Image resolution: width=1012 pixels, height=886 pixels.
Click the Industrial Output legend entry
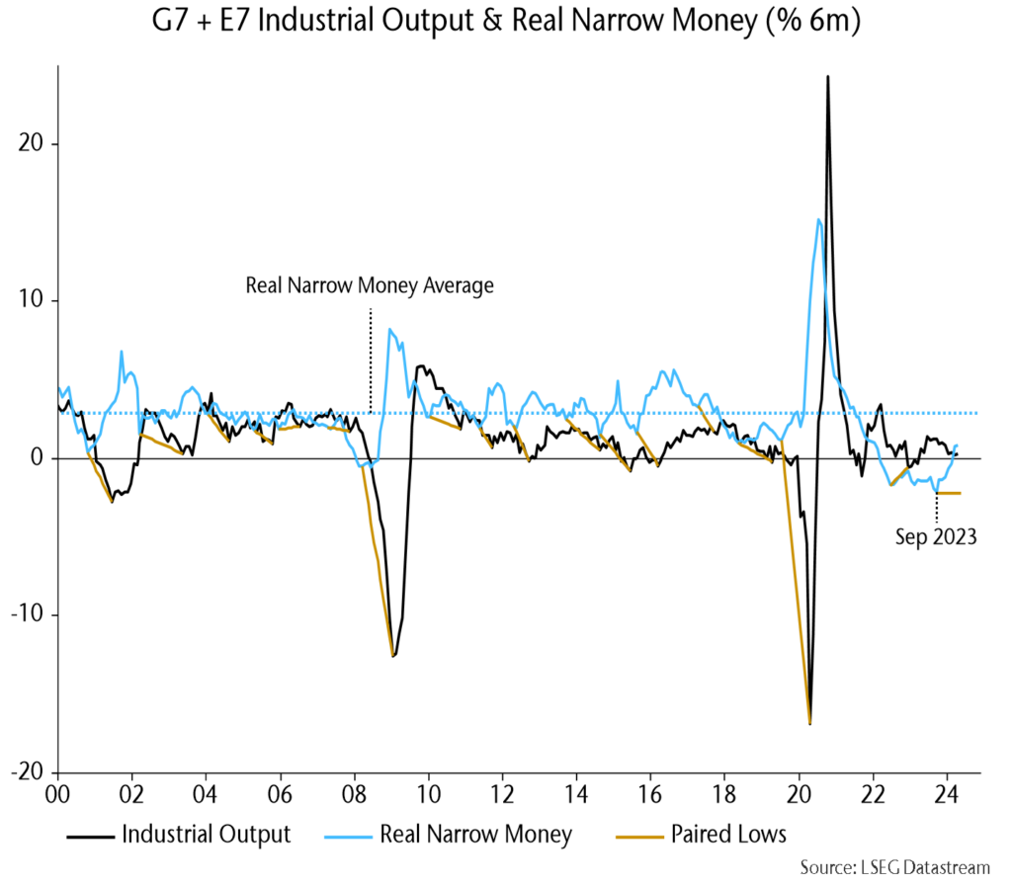(206, 835)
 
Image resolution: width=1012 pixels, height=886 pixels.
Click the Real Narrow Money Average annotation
(369, 286)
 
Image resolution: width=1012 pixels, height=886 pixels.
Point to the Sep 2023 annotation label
(936, 538)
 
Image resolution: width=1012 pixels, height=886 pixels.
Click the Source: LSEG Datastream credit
(894, 868)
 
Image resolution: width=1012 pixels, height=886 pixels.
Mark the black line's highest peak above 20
(827, 76)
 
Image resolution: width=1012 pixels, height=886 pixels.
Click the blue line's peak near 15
(818, 219)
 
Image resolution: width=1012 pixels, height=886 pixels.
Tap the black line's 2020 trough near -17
(810, 724)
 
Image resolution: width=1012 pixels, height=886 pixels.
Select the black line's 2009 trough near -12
(393, 656)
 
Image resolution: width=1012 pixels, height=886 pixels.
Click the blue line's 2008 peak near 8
(389, 329)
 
